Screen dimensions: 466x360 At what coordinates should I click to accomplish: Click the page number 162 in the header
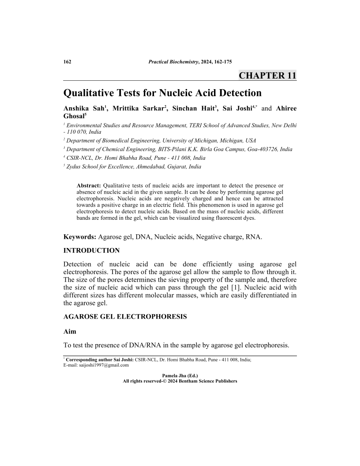coord(67,61)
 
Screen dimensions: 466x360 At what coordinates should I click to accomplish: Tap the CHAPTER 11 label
coord(267,75)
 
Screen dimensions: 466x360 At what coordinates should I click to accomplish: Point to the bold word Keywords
coord(80,237)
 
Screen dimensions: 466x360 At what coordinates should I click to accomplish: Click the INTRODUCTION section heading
coord(91,251)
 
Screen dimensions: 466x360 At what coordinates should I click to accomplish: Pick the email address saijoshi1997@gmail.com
coord(103,365)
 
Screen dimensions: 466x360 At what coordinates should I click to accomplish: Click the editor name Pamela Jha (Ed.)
coord(180,376)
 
